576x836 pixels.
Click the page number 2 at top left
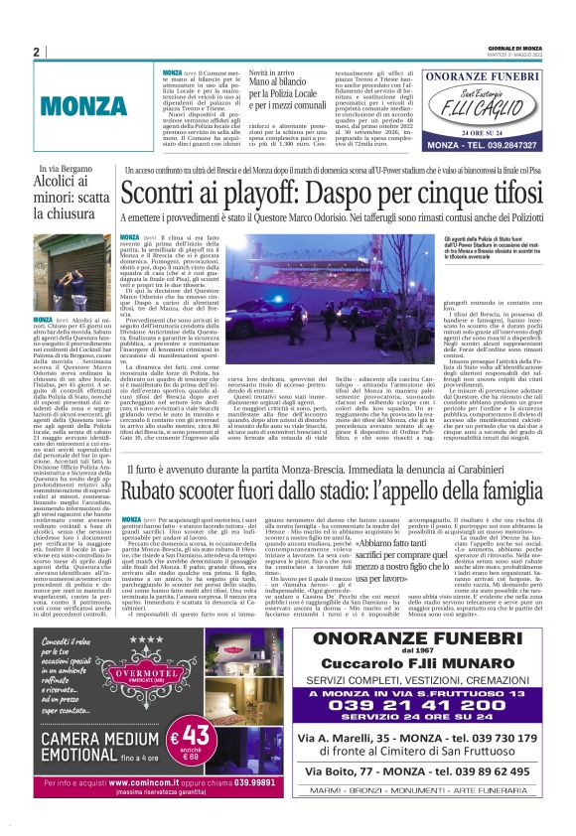(36, 53)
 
